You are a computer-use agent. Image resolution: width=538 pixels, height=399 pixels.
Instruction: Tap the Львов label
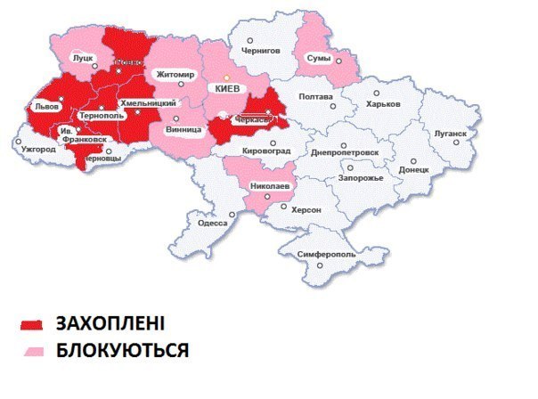point(45,105)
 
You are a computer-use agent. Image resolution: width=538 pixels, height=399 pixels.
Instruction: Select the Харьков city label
point(383,104)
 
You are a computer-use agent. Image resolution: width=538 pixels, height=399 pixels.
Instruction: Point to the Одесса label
point(213,224)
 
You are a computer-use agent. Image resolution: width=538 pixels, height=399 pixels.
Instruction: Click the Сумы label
point(318,59)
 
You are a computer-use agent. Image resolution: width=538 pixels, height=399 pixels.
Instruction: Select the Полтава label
point(316,96)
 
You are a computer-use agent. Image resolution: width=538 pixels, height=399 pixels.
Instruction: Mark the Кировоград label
point(265,151)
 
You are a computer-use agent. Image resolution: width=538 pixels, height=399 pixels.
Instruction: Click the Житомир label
point(175,74)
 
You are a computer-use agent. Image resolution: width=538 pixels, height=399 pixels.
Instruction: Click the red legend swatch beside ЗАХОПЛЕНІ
point(33,322)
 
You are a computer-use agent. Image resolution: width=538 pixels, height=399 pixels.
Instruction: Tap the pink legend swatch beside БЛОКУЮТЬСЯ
point(33,349)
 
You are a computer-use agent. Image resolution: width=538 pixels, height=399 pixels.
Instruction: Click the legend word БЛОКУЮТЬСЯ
point(122,350)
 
